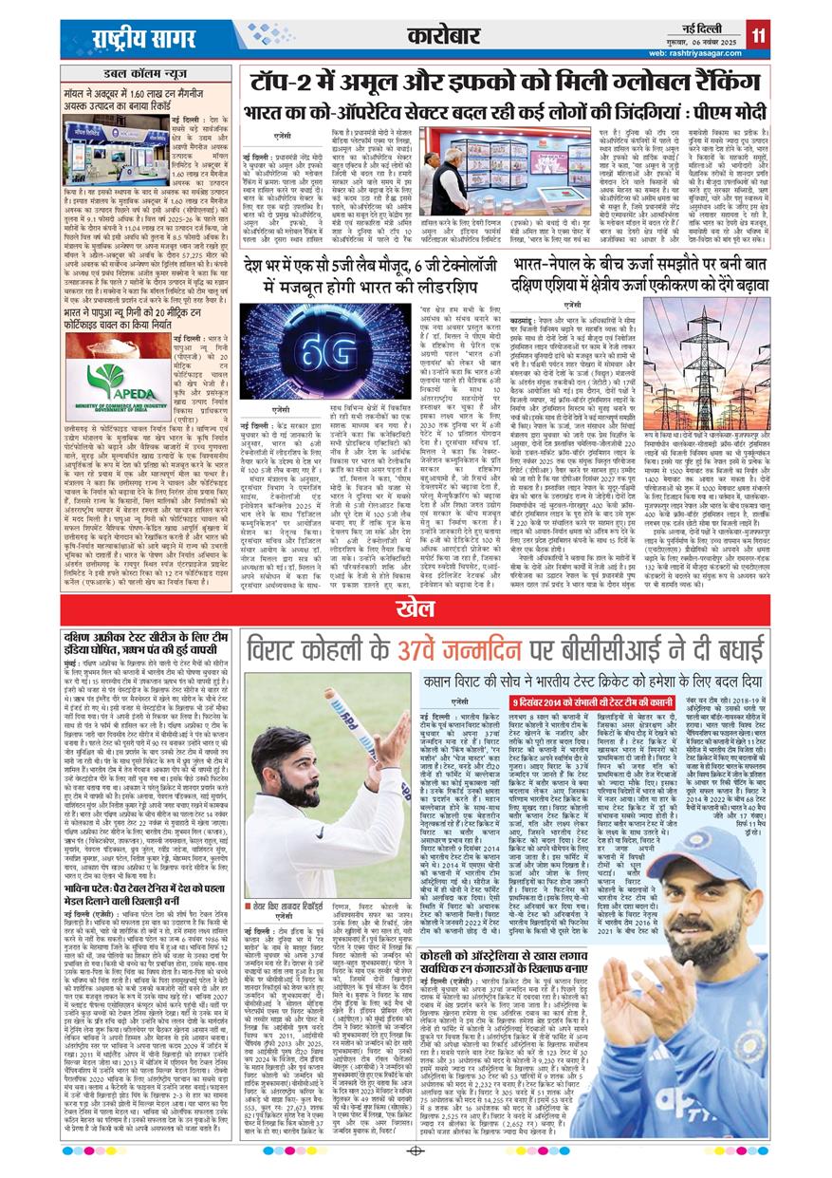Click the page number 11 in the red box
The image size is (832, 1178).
(757, 36)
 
